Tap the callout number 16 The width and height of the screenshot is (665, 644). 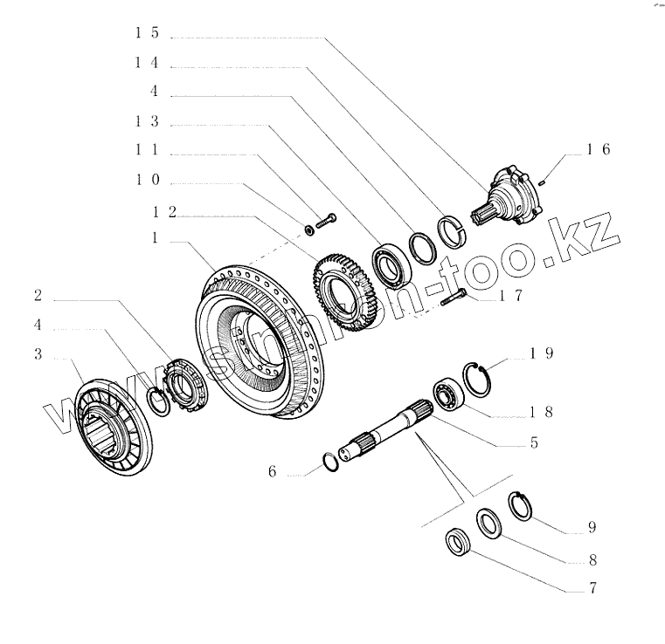[598, 149]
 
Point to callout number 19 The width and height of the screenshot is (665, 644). [541, 354]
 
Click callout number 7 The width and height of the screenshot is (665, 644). [592, 587]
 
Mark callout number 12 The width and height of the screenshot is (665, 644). [164, 211]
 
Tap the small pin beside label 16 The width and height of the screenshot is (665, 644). [544, 182]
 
